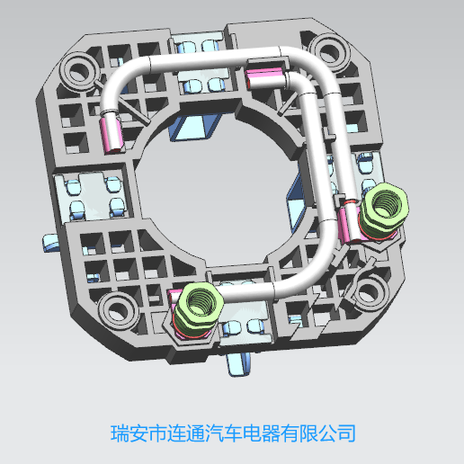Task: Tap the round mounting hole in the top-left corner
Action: (79, 71)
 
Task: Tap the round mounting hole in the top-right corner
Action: (330, 52)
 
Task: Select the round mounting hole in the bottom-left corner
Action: (118, 310)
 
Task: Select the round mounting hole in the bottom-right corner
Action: (370, 291)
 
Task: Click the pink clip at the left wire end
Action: (112, 134)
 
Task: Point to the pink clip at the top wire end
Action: (265, 78)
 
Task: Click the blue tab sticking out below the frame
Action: (239, 363)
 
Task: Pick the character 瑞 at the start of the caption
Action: (120, 433)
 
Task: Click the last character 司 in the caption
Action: (346, 433)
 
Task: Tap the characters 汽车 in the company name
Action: (224, 433)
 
